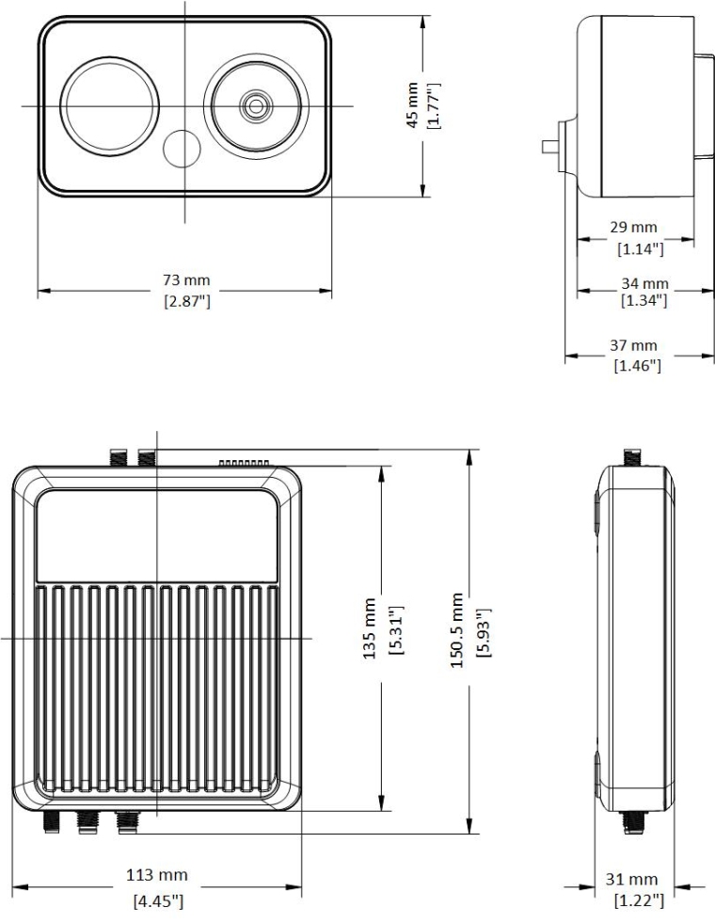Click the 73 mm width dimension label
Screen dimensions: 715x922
[x=186, y=280]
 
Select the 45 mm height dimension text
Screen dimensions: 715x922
[x=413, y=105]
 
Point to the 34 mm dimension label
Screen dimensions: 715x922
[x=645, y=284]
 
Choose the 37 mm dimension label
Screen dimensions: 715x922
[x=633, y=345]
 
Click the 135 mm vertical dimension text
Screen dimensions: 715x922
[x=369, y=628]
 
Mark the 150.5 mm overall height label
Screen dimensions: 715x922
[x=457, y=629]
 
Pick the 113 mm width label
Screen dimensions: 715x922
[x=157, y=875]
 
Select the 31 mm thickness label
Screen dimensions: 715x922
[x=631, y=880]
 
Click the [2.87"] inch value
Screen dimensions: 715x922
[x=186, y=302]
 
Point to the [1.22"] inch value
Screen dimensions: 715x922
[x=639, y=900]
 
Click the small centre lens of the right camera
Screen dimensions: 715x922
[x=256, y=106]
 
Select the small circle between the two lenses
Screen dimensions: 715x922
[x=182, y=148]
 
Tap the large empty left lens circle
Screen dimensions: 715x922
[x=109, y=106]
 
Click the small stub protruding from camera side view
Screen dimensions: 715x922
[x=550, y=147]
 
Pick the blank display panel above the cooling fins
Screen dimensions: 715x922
[x=157, y=535]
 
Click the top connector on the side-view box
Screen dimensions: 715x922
[x=632, y=456]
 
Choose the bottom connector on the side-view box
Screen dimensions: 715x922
[x=632, y=822]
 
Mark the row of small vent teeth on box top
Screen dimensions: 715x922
[x=245, y=463]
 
